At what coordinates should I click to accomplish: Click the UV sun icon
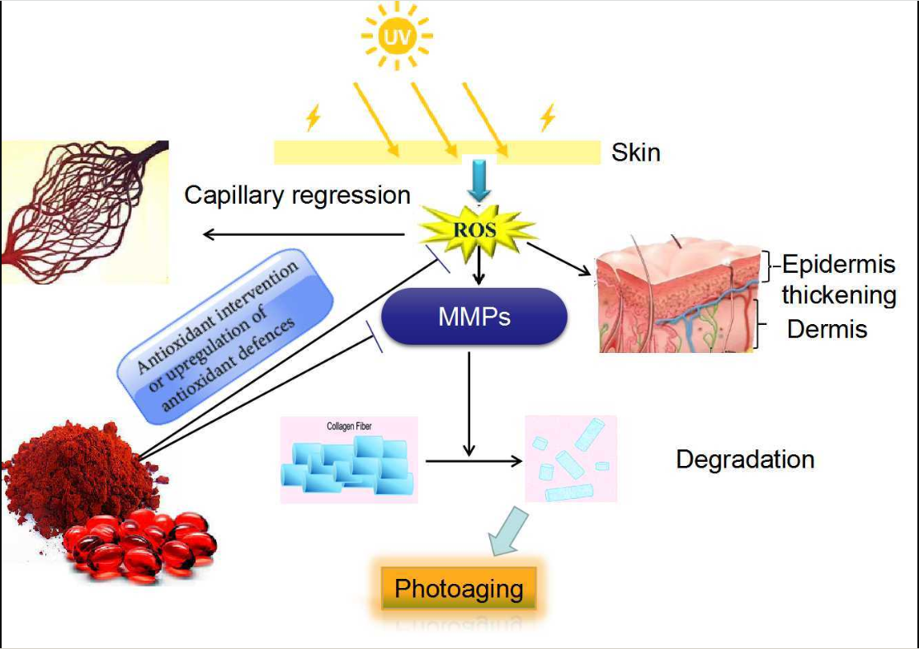tap(397, 36)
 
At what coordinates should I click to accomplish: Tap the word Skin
tap(635, 152)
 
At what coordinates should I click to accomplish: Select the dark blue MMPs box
tap(474, 316)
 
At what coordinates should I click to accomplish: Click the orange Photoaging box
tap(459, 589)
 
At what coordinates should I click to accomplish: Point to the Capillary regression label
tap(297, 195)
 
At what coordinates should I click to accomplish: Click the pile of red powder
tap(78, 477)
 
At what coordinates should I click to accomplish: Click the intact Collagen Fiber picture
tap(349, 460)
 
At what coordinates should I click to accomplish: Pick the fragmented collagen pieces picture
tap(571, 459)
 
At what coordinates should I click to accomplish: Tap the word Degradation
tap(745, 459)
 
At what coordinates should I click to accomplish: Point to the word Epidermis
tap(838, 265)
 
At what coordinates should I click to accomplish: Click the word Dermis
tap(827, 330)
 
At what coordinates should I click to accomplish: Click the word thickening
tap(838, 294)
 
